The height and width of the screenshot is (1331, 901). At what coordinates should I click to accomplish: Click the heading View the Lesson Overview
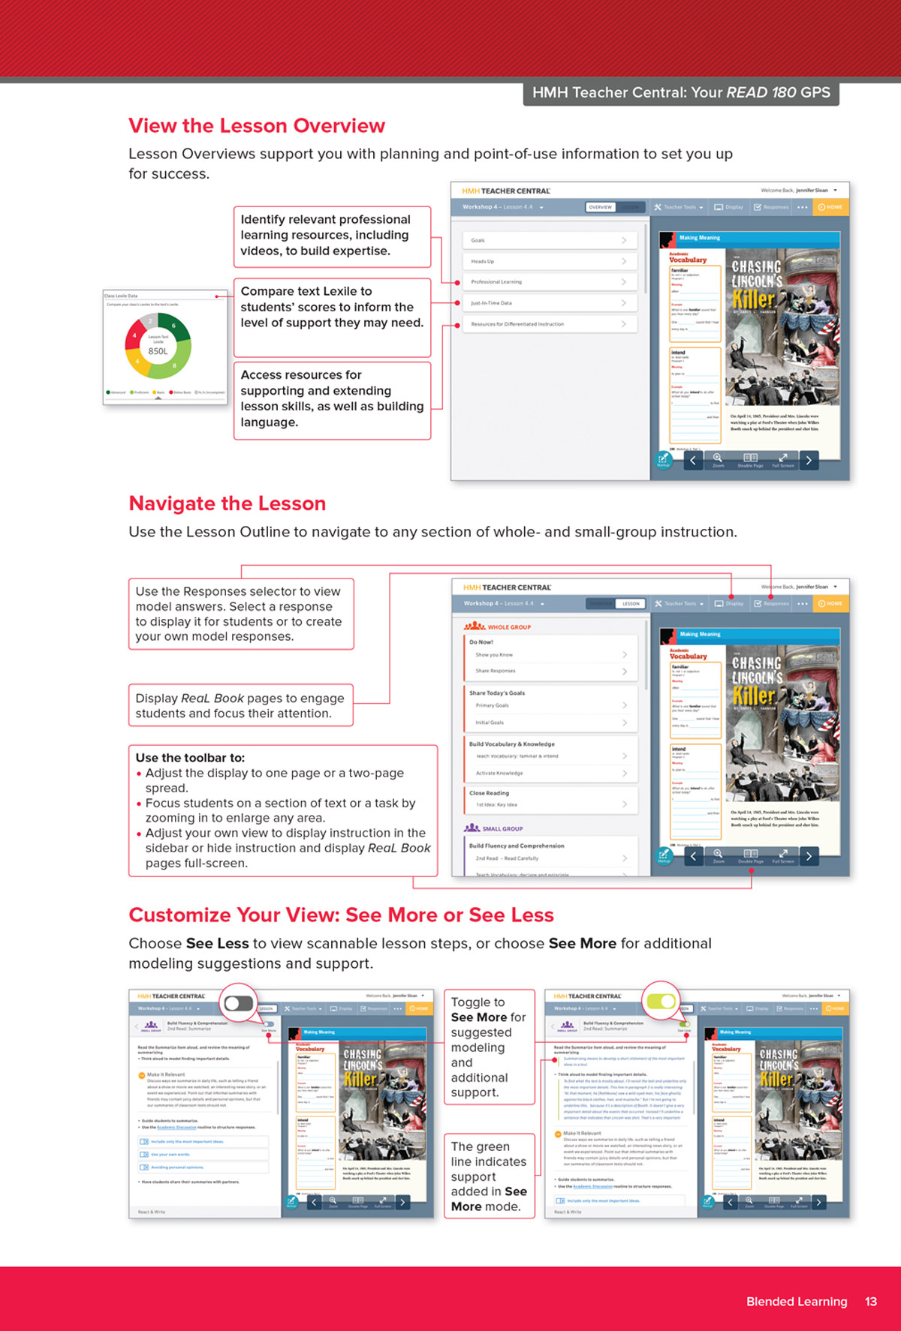pyautogui.click(x=257, y=126)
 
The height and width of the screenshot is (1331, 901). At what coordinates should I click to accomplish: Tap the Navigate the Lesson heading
pyautogui.click(x=227, y=503)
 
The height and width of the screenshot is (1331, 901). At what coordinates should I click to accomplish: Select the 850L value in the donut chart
pyautogui.click(x=158, y=351)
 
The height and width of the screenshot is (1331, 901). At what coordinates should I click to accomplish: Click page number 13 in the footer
pyautogui.click(x=870, y=1302)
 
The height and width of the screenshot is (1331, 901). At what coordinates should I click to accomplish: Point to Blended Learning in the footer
pyautogui.click(x=796, y=1302)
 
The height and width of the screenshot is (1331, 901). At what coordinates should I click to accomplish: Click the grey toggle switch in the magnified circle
pyautogui.click(x=239, y=1003)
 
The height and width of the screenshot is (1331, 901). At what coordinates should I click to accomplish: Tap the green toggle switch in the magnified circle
pyautogui.click(x=661, y=1002)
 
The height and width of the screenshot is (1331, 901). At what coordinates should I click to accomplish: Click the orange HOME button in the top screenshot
pyautogui.click(x=830, y=207)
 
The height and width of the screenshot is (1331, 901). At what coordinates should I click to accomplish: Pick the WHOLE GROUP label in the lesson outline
pyautogui.click(x=508, y=627)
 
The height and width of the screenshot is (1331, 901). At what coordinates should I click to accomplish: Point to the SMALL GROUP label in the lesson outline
pyautogui.click(x=502, y=829)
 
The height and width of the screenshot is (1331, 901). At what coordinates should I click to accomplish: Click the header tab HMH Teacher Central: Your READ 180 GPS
pyautogui.click(x=681, y=93)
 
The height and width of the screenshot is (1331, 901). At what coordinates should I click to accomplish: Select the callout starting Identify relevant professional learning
pyautogui.click(x=332, y=236)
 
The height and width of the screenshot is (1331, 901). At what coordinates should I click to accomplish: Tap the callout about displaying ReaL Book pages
pyautogui.click(x=240, y=705)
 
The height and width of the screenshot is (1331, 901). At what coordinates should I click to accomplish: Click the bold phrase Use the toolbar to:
pyautogui.click(x=190, y=758)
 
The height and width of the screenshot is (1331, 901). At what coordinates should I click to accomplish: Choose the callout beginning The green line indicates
pyautogui.click(x=489, y=1176)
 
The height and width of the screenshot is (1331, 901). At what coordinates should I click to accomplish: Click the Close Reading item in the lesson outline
pyautogui.click(x=490, y=793)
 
